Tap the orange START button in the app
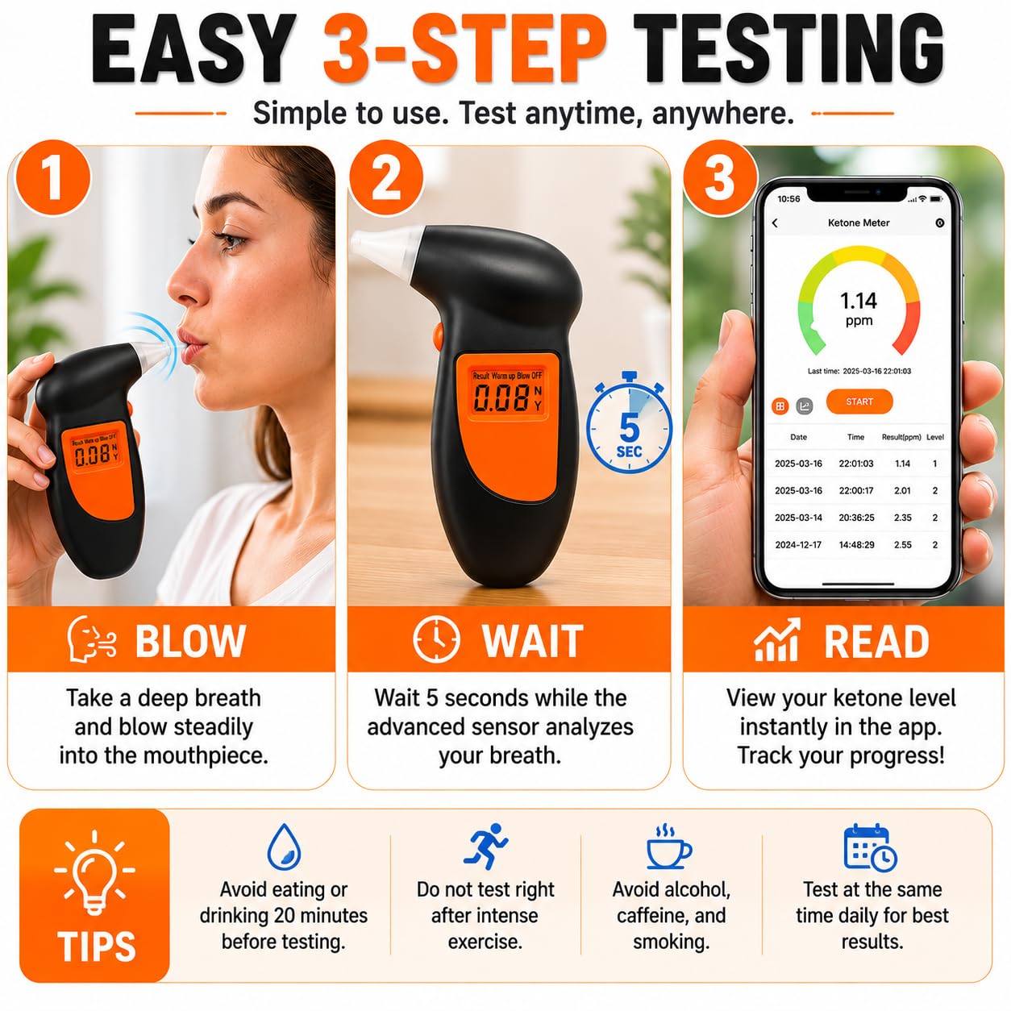(x=859, y=401)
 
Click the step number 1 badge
(x=52, y=178)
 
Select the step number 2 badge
(x=386, y=178)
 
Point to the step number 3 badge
(x=720, y=178)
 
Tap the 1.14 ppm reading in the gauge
(x=859, y=309)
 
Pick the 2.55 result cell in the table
(x=903, y=545)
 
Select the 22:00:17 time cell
(x=856, y=490)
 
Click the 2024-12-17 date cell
(x=798, y=545)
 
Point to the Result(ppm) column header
(x=901, y=437)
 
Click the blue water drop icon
(x=284, y=847)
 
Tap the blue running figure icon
(x=485, y=846)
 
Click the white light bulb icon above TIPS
(x=94, y=873)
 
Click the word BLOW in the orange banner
(x=191, y=641)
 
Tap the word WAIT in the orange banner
(x=533, y=641)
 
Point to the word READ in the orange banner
(x=876, y=641)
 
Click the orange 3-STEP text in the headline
(x=465, y=49)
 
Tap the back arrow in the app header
(x=775, y=223)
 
